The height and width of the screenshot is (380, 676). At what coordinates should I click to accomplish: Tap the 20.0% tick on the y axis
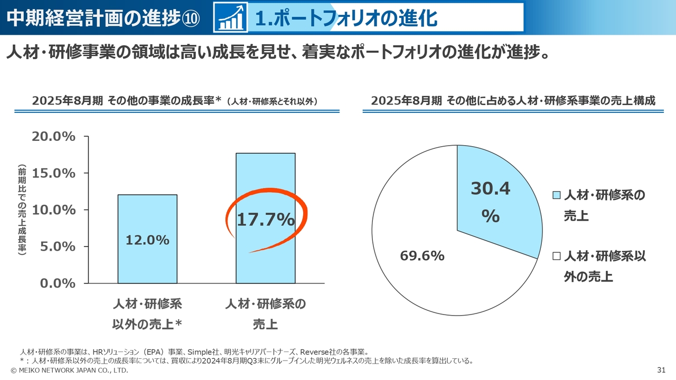pyautogui.click(x=54, y=137)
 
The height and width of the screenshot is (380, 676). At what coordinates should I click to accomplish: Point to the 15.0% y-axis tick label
pyautogui.click(x=54, y=173)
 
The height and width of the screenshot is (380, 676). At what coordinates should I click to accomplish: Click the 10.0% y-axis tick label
pyautogui.click(x=54, y=210)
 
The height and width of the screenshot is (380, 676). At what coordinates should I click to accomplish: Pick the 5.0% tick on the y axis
pyautogui.click(x=57, y=246)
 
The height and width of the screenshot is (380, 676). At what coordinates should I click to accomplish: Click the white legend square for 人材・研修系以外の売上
pyautogui.click(x=556, y=256)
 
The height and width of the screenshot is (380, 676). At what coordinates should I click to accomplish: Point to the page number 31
pyautogui.click(x=661, y=370)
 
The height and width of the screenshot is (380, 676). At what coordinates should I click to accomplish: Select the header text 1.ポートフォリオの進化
pyautogui.click(x=346, y=18)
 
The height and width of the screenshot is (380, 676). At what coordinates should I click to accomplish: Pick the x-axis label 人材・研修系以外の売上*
pyautogui.click(x=147, y=314)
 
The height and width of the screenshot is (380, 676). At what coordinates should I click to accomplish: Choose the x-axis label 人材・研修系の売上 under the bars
pyautogui.click(x=265, y=314)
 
